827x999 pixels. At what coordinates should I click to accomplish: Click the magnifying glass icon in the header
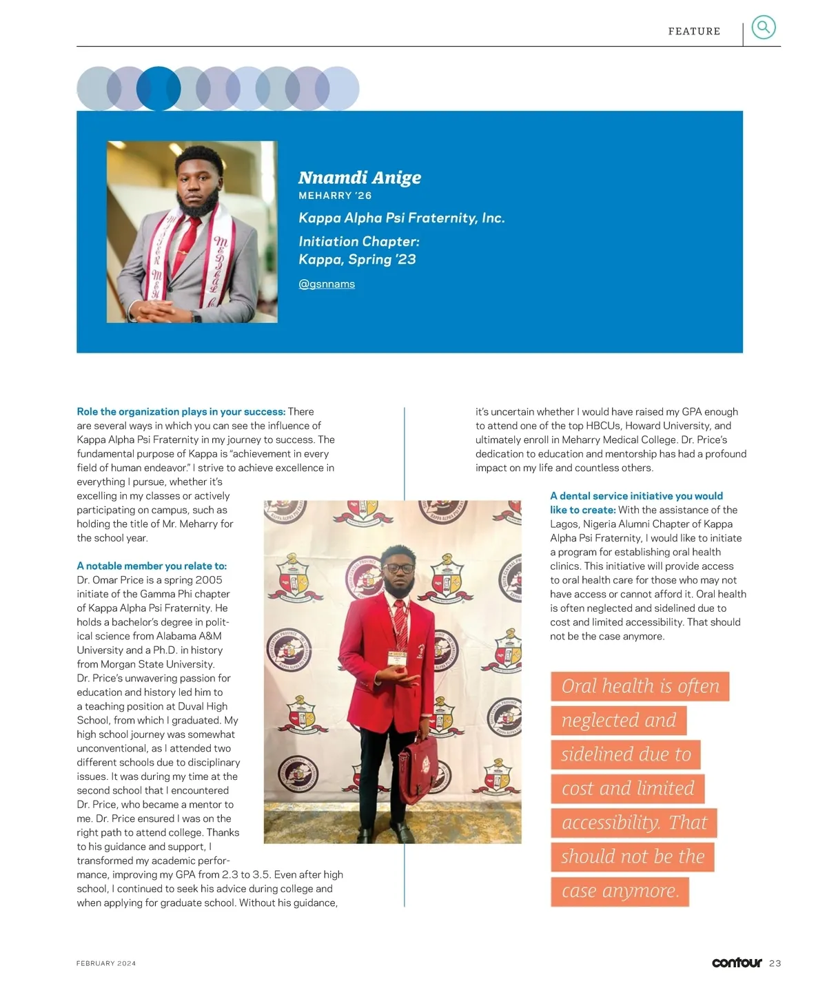click(x=763, y=28)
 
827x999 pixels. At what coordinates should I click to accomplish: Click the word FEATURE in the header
click(x=694, y=31)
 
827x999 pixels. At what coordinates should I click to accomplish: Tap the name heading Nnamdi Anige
click(x=359, y=178)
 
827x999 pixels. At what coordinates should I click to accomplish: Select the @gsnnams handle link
click(x=327, y=284)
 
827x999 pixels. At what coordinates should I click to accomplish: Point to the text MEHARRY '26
click(x=335, y=196)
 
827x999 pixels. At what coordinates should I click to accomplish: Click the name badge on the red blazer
click(x=397, y=659)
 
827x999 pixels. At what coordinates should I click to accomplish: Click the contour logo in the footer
click(x=737, y=962)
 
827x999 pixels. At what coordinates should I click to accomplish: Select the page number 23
click(x=775, y=963)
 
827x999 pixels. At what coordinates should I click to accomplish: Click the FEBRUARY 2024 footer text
click(x=106, y=963)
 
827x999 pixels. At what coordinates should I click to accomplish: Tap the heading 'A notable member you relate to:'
click(x=152, y=566)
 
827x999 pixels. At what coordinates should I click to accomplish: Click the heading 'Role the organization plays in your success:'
click(x=181, y=411)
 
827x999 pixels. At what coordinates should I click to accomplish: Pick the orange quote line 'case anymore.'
click(x=620, y=891)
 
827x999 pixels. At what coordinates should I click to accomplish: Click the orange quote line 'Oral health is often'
click(x=640, y=686)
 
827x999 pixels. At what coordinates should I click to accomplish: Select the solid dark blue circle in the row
click(x=159, y=88)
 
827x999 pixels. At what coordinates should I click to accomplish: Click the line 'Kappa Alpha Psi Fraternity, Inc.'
click(x=401, y=218)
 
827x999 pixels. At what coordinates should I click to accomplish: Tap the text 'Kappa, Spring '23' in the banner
click(x=357, y=260)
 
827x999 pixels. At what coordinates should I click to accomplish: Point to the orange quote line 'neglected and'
click(x=618, y=720)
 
